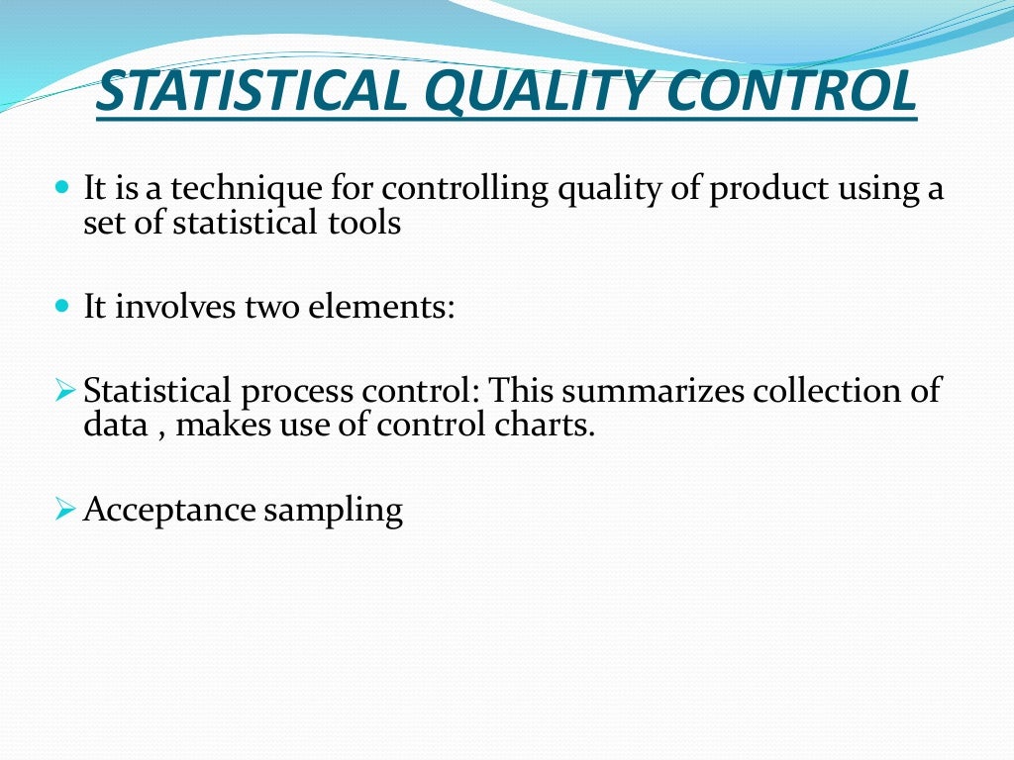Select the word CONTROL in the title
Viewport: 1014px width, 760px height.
tap(793, 92)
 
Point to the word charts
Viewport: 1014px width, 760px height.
tap(551, 427)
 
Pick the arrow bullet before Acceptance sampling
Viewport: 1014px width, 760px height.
tap(65, 510)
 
